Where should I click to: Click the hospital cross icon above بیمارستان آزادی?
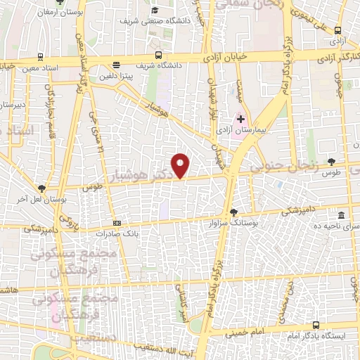(240, 120)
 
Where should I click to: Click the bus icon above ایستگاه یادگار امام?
(316, 325)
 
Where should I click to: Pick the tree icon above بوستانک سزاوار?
(233, 211)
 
